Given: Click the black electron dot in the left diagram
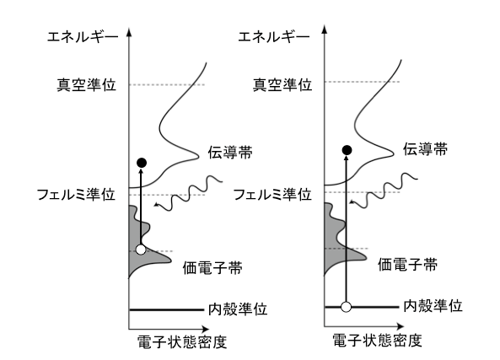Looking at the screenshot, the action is tap(142, 163).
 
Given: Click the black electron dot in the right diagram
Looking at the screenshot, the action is tap(347, 150).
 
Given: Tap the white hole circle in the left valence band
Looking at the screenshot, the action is tap(141, 250).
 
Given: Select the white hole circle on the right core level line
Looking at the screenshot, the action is tap(346, 307).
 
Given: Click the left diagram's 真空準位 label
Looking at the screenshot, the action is tap(86, 85).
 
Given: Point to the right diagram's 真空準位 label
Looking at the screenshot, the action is tap(282, 85).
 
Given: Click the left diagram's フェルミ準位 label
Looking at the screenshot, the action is tap(76, 194).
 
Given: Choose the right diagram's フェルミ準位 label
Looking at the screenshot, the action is tap(272, 194).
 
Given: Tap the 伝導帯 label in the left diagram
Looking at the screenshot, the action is tap(230, 152).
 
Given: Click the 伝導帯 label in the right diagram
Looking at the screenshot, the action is tap(425, 149).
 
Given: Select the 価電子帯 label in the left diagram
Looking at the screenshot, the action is tap(212, 267).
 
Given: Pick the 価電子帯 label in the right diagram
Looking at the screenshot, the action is tap(407, 265).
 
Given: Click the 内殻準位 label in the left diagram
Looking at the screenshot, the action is tap(238, 309).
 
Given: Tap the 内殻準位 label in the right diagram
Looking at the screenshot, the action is tap(433, 306).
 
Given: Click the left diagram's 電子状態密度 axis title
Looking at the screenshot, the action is tap(182, 342).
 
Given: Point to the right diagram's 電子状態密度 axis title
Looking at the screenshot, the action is tap(377, 341).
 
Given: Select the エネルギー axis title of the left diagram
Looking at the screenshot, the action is tap(83, 37).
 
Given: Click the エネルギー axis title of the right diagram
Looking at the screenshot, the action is tap(274, 37).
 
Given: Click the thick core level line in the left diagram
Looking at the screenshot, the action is tap(166, 309).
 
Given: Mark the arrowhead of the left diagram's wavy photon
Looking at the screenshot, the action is tap(156, 204).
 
